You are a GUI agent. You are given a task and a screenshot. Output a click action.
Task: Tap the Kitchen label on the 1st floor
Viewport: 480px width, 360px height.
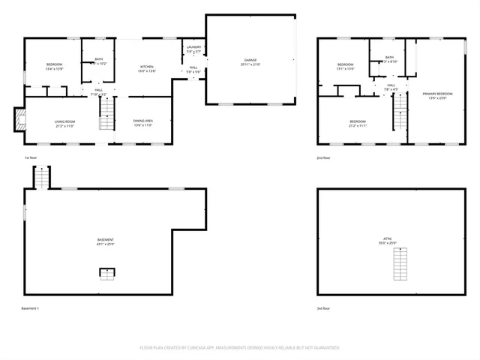(147, 69)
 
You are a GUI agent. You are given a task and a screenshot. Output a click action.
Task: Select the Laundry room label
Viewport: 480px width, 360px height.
(193, 50)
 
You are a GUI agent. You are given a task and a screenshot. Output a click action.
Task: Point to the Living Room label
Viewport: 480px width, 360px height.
(64, 123)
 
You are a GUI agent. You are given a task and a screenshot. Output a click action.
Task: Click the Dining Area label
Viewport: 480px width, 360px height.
(143, 123)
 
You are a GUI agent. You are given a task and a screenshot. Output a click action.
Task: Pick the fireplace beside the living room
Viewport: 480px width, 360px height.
(19, 118)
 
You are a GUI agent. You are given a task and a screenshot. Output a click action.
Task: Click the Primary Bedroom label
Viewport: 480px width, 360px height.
(438, 96)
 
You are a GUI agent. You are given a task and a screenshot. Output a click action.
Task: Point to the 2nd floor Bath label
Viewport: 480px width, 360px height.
(389, 59)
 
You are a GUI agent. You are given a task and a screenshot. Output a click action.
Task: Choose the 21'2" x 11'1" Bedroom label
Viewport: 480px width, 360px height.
(358, 124)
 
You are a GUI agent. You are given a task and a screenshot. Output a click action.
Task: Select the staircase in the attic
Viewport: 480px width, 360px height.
(400, 264)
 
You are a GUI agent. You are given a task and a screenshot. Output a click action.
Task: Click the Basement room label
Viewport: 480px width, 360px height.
(105, 241)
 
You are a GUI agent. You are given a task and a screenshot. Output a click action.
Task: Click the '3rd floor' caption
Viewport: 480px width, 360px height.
(324, 308)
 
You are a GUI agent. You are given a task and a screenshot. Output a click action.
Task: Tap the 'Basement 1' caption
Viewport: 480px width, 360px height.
(30, 308)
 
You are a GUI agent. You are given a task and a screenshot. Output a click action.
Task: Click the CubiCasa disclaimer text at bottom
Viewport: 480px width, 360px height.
(240, 347)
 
